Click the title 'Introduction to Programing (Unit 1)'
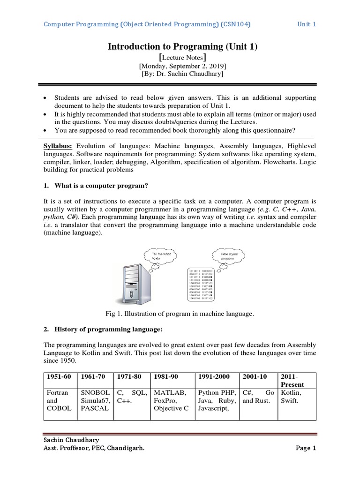(183, 46)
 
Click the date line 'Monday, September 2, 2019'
(182, 66)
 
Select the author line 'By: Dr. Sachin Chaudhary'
(182, 74)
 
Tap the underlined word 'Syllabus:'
(59, 146)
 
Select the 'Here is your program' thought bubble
(229, 256)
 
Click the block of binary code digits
(201, 284)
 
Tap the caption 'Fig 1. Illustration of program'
(180, 314)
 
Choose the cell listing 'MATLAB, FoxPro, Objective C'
(172, 400)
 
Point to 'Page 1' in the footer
(306, 448)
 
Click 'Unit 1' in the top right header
(307, 24)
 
